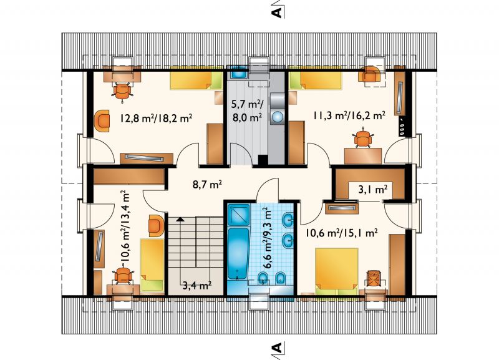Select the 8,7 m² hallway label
point(206,184)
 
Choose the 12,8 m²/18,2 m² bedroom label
point(152,117)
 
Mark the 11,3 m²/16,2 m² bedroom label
point(348,115)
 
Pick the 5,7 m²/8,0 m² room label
point(246,110)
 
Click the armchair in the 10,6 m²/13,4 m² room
point(156,225)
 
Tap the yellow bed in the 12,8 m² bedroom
point(196,80)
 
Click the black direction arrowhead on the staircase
point(180,220)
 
